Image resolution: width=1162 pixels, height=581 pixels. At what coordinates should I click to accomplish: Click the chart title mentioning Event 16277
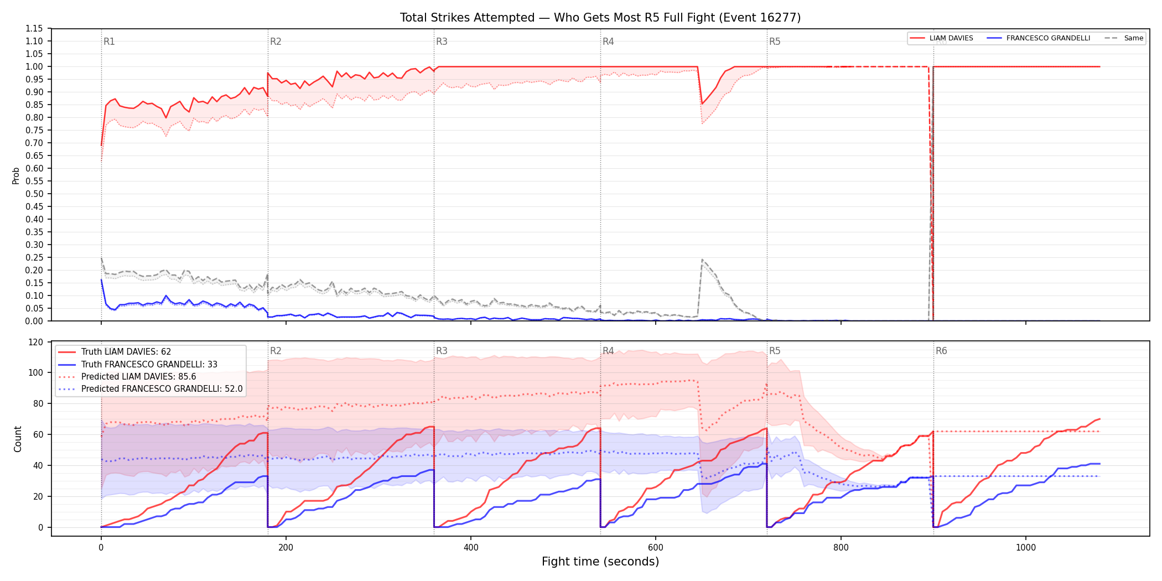pos(600,18)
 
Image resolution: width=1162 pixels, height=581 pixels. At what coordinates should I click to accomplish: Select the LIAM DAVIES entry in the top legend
pos(941,38)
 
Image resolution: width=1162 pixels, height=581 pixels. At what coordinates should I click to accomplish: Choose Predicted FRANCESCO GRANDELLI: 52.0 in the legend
pos(151,389)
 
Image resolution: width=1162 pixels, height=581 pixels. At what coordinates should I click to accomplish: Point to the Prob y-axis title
pos(16,175)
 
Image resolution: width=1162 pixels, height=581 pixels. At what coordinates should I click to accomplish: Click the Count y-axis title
pos(18,439)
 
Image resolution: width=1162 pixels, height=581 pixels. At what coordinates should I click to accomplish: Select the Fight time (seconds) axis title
pos(600,562)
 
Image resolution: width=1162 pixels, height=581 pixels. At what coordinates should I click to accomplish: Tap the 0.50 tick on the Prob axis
pos(34,194)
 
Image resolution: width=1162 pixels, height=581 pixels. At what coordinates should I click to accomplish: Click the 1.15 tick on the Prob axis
pos(34,29)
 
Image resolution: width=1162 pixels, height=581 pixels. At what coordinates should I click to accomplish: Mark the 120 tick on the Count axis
pos(36,343)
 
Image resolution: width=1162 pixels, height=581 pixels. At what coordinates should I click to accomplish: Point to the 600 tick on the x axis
pos(656,547)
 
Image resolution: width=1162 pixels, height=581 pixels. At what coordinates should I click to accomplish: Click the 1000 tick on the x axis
pos(1025,547)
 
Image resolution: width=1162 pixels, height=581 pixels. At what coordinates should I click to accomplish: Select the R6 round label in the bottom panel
pos(941,351)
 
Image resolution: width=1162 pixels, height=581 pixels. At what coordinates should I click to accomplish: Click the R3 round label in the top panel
pos(442,41)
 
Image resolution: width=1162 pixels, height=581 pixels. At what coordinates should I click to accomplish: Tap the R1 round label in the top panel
pos(109,41)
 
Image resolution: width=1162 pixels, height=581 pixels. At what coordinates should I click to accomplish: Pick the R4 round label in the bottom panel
pos(608,351)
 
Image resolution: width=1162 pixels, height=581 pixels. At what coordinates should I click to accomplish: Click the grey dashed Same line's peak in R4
pos(702,260)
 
